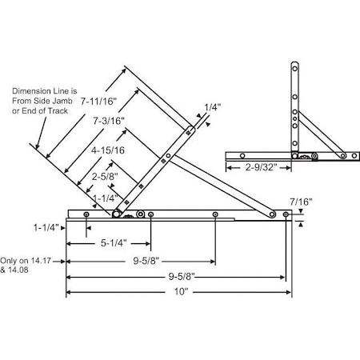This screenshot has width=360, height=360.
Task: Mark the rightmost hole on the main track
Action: (286, 214)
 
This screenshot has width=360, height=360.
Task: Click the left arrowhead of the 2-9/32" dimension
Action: (228, 168)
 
